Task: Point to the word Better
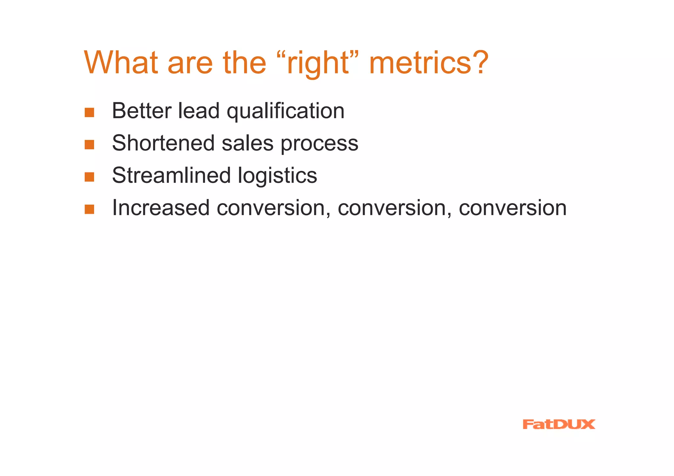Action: [x=142, y=111]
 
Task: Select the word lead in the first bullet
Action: [x=198, y=111]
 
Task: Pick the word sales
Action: [x=247, y=143]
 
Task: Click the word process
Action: [x=319, y=144]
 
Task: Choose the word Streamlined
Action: [x=171, y=175]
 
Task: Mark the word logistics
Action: [x=277, y=176]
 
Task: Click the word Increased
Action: [x=161, y=208]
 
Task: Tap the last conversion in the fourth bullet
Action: [x=512, y=208]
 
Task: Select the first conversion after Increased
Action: [x=273, y=208]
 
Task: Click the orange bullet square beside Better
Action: [x=90, y=113]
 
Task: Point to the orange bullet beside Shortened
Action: [x=90, y=145]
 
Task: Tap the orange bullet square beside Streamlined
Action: [x=90, y=177]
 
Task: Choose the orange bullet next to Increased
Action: [x=90, y=210]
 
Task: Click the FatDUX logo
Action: [x=558, y=424]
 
